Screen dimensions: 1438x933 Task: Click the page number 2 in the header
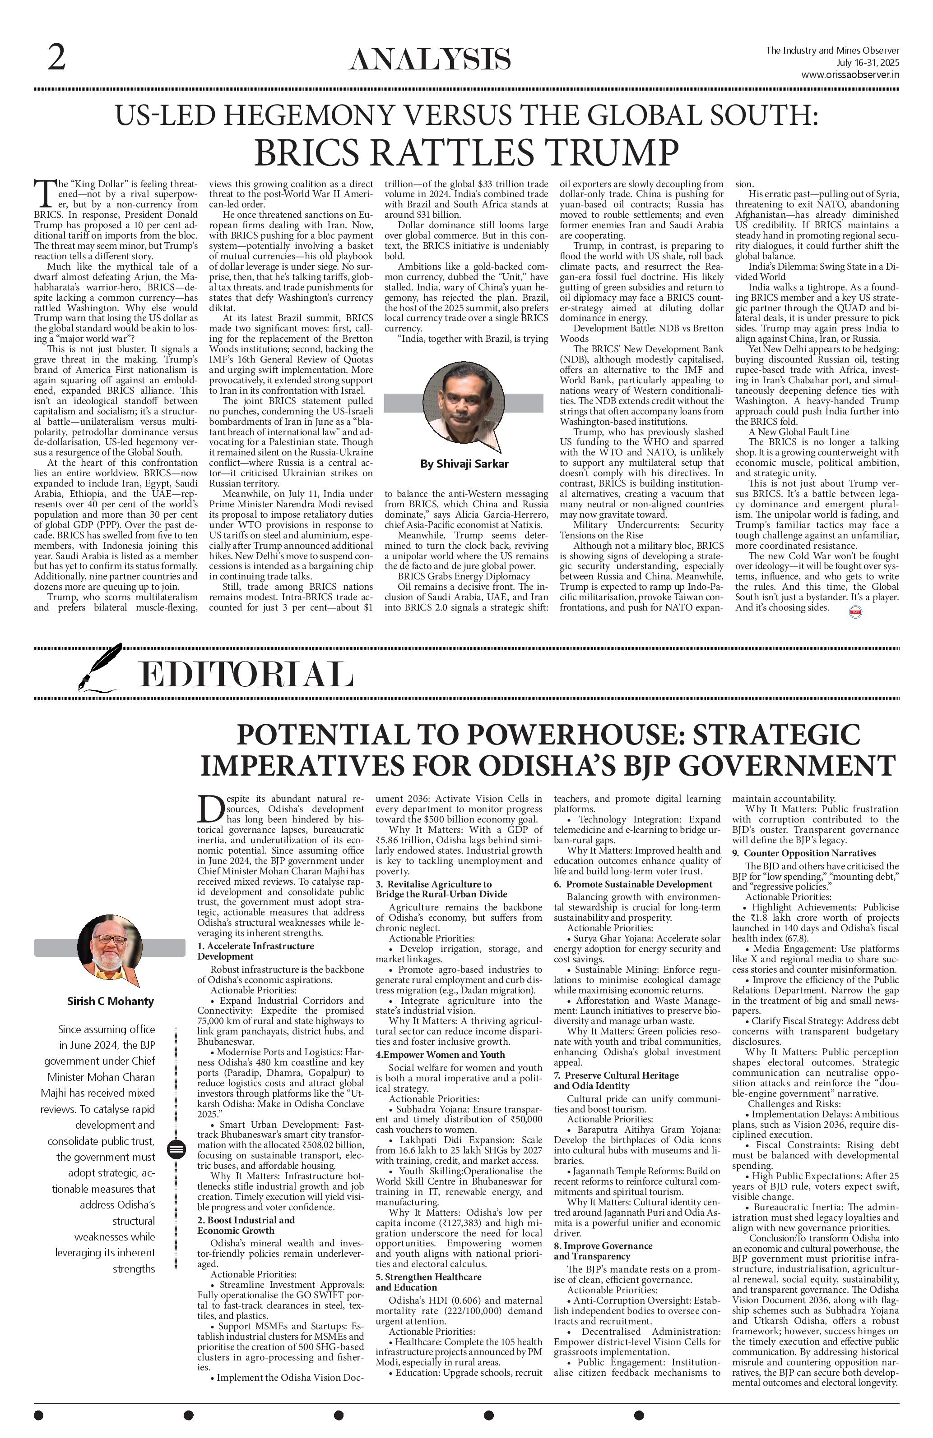[56, 59]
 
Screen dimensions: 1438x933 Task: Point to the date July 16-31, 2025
[868, 63]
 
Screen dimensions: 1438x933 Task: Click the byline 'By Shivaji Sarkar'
[464, 464]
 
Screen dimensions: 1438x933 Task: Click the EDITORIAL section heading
[246, 675]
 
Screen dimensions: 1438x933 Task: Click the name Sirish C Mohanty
[110, 1001]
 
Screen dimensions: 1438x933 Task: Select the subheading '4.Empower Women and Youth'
[440, 1054]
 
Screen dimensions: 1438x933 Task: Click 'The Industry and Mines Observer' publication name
[832, 51]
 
